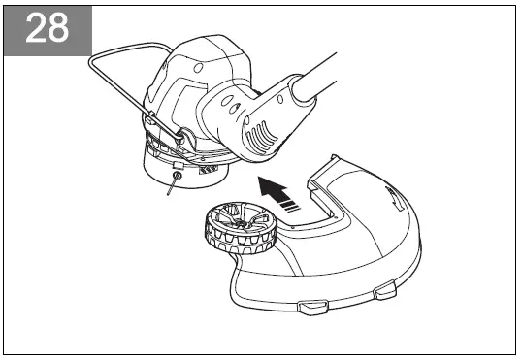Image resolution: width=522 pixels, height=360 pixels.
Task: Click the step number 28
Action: [47, 28]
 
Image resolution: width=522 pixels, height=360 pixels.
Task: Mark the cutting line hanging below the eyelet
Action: [172, 188]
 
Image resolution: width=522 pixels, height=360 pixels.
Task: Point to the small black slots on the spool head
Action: [207, 169]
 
